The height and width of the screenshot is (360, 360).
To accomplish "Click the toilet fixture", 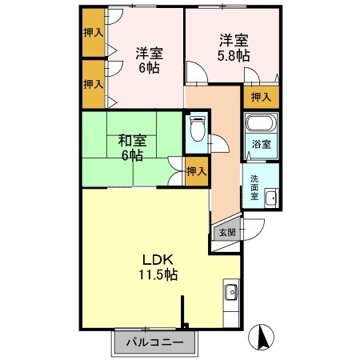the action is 198,128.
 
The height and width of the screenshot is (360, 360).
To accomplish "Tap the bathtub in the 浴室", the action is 261,123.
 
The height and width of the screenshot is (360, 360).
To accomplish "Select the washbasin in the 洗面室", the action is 271,198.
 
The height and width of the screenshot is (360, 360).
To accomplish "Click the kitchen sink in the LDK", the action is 231,292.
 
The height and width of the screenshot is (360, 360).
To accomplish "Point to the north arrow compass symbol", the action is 261,338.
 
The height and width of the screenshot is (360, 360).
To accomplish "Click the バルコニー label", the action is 154,342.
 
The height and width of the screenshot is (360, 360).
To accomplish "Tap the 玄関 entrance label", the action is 227,233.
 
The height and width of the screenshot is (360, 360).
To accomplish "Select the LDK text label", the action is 158,260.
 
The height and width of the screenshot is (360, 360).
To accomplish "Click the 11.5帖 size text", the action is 158,274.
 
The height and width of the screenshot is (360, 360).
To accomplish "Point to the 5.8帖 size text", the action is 234,56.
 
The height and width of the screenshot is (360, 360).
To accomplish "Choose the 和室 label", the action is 132,141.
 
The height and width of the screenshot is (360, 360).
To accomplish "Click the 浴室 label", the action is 262,144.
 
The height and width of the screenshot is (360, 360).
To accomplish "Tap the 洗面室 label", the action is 254,187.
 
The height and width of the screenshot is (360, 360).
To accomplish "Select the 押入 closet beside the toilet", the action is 197,171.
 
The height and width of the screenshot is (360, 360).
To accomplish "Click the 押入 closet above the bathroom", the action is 262,97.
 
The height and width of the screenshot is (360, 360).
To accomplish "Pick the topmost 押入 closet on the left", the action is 94,33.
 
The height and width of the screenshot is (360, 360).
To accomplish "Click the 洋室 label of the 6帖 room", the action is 149,54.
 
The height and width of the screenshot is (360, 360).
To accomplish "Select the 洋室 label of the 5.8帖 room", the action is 234,41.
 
